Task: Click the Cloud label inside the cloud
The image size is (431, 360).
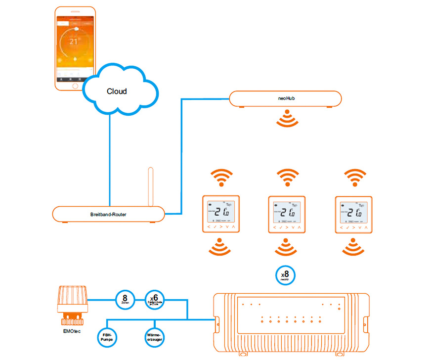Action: pyautogui.click(x=117, y=91)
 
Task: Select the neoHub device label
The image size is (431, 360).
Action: pyautogui.click(x=286, y=98)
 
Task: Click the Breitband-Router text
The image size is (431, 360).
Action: pyautogui.click(x=108, y=215)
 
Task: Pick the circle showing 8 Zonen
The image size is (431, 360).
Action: pyautogui.click(x=125, y=300)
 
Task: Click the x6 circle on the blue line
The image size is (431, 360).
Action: pyautogui.click(x=153, y=300)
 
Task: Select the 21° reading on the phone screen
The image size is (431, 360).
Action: pyautogui.click(x=74, y=43)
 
